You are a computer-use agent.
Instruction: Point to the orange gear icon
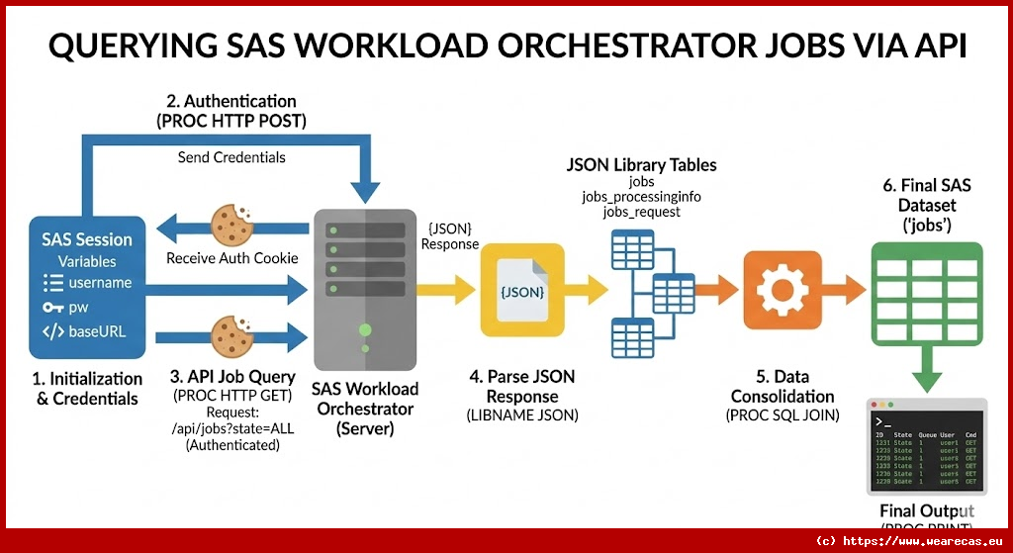(x=783, y=288)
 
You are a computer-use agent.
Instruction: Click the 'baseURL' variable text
(x=97, y=331)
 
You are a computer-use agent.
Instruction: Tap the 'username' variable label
(x=99, y=283)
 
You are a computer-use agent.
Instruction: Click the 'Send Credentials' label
(x=231, y=157)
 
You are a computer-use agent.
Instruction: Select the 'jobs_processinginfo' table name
(x=641, y=198)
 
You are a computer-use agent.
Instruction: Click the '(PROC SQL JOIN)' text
(x=783, y=415)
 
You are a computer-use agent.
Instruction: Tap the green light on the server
(x=365, y=329)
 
